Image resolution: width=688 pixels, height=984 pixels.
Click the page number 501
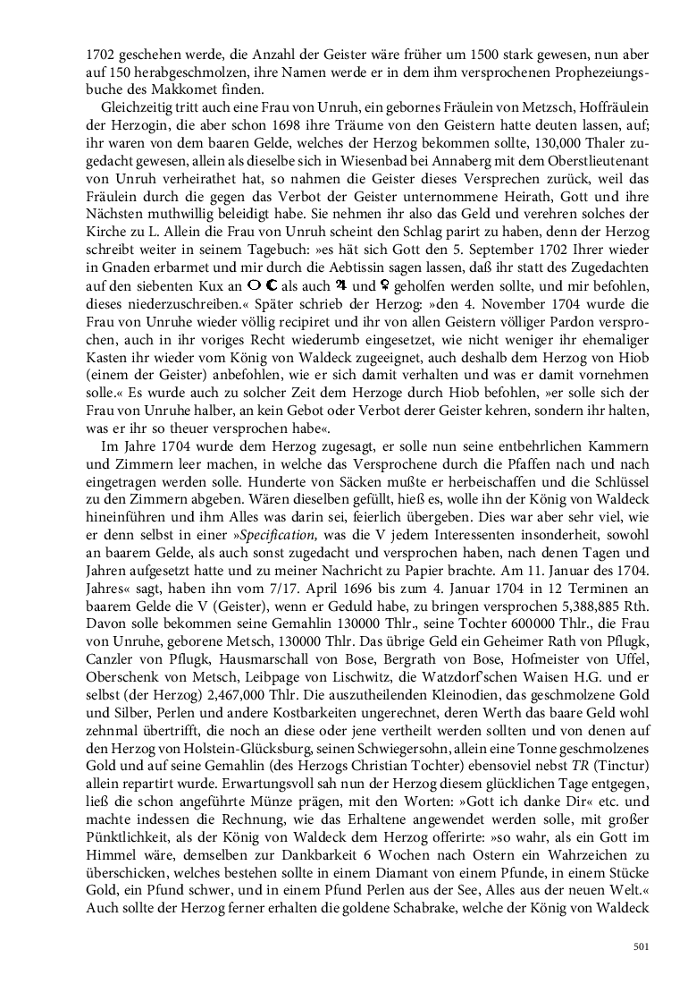[x=640, y=946]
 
